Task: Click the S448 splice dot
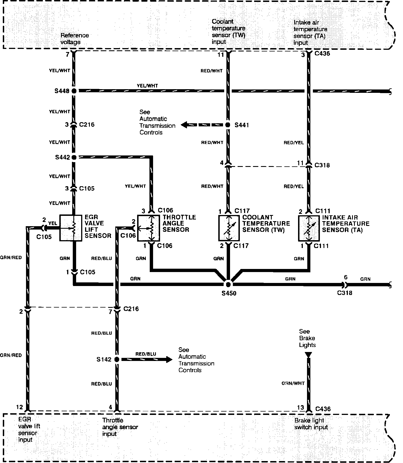[74, 91]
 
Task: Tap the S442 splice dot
[74, 157]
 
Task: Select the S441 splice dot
[228, 125]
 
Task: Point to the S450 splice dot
[228, 285]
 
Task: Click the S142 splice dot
[117, 360]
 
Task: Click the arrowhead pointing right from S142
[169, 360]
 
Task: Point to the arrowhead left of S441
[184, 125]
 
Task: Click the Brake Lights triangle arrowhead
[308, 355]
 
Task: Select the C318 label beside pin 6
[345, 293]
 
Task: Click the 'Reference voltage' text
[75, 39]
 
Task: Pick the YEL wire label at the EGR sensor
[53, 223]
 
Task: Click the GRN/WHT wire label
[293, 383]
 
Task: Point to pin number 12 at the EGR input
[19, 407]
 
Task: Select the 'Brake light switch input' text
[311, 424]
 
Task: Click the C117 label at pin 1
[242, 211]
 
